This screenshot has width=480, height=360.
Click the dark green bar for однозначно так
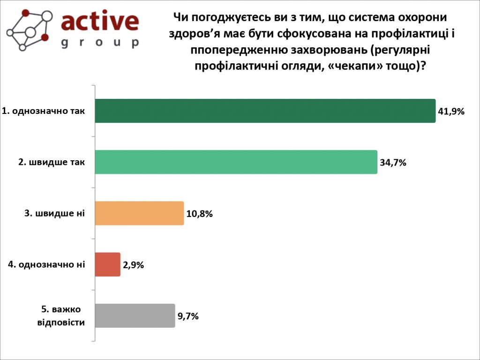point(265,111)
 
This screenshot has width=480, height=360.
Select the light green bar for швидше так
point(236,162)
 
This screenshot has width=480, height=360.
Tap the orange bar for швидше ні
point(139,213)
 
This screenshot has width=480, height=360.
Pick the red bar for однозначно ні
point(107,264)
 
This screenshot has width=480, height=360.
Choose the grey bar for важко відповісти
point(135,315)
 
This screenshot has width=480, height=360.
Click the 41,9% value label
point(450,112)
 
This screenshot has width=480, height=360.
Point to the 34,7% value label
point(392,163)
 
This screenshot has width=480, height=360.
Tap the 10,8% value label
point(200,214)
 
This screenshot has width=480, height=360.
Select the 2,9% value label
point(133,265)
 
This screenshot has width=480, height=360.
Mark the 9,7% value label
point(188,316)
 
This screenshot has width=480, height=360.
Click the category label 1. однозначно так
point(44,111)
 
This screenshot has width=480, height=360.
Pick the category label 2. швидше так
point(52,162)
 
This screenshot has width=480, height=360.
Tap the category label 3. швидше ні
point(54,213)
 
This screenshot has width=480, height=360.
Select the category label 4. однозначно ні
point(47,264)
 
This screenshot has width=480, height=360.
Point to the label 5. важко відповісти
point(61,316)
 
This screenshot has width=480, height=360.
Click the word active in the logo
point(100,21)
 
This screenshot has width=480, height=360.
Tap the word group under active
point(100,43)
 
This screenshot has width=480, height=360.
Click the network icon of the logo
point(29,30)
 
